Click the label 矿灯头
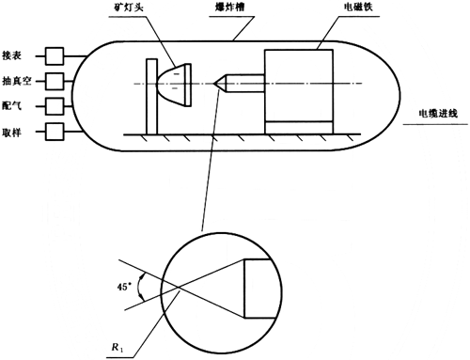[128, 7]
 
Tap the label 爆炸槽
[229, 7]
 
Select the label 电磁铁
[358, 7]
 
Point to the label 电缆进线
[438, 113]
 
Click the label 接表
[11, 55]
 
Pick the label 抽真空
[17, 81]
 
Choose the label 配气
[11, 106]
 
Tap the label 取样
[11, 133]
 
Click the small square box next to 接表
[55, 56]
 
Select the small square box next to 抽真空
[55, 82]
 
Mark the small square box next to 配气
[55, 106]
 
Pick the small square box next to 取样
[55, 132]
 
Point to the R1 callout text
[117, 347]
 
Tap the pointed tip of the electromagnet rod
[214, 84]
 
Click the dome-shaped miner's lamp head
[174, 85]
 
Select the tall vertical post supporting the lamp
[152, 97]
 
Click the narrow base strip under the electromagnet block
[299, 128]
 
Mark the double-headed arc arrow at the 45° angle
[139, 288]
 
